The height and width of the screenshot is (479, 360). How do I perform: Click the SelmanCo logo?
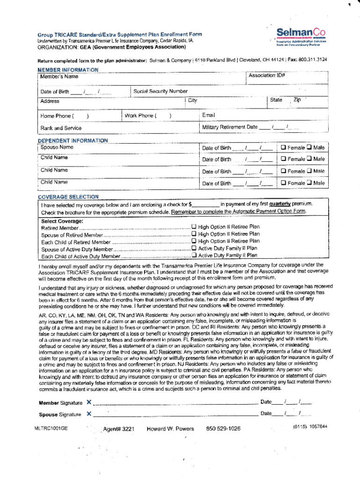[x=301, y=33]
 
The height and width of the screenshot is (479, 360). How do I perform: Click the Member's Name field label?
[x=59, y=76]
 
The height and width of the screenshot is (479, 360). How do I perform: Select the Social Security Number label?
[x=160, y=91]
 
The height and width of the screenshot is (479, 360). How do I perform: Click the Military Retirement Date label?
[x=230, y=127]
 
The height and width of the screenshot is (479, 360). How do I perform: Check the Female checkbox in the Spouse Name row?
[x=283, y=148]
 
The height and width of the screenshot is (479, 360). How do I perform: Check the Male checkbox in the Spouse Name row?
[x=309, y=148]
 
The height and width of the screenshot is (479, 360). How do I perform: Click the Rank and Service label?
[x=61, y=128]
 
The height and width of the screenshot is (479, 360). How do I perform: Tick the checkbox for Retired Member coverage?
[x=194, y=227]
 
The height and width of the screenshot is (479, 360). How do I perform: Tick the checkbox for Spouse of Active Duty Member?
[x=194, y=248]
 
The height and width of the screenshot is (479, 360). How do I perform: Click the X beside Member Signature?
[x=89, y=402]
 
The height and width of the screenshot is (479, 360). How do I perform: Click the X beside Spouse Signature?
[x=89, y=414]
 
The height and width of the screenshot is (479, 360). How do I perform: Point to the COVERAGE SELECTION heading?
[x=68, y=197]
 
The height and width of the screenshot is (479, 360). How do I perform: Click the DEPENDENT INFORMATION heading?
[x=72, y=140]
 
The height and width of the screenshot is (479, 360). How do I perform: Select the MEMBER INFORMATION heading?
[x=68, y=70]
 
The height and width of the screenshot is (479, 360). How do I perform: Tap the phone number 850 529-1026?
[x=223, y=428]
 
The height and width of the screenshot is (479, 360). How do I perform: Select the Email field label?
[x=209, y=115]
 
